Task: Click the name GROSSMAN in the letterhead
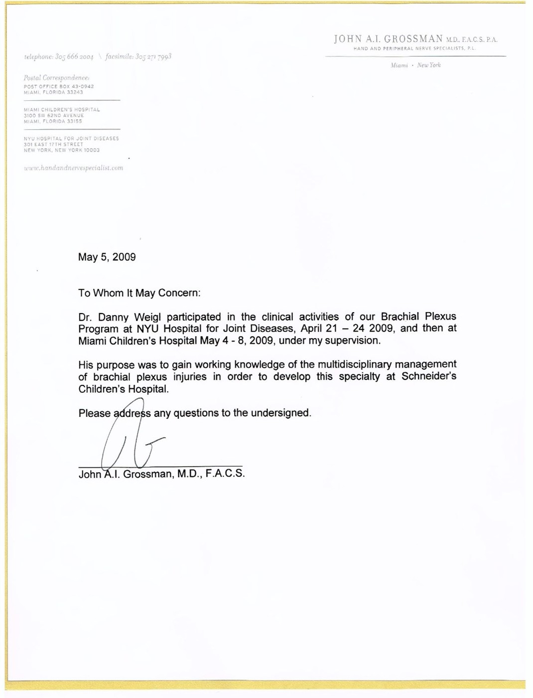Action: tap(413, 39)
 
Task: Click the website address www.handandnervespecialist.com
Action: tap(73, 168)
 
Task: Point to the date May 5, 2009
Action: tap(107, 257)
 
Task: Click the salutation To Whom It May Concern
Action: tap(139, 293)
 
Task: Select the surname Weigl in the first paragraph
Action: tap(147, 317)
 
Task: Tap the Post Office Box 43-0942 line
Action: tap(59, 86)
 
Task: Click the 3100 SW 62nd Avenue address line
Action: tap(54, 115)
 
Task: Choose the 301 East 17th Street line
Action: tap(53, 144)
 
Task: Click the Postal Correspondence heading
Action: tap(56, 78)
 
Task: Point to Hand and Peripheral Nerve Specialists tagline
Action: tap(414, 48)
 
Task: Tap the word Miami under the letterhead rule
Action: tap(399, 65)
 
